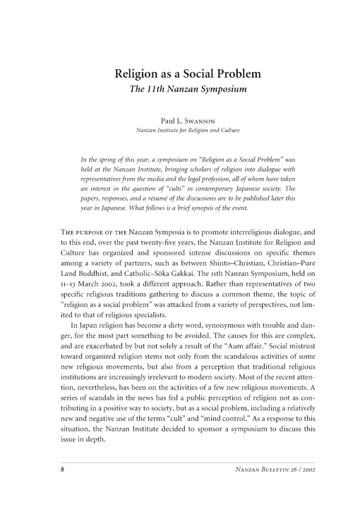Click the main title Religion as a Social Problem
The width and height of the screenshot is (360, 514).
coord(179,75)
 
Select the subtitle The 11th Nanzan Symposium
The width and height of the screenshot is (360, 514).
coord(179,91)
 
